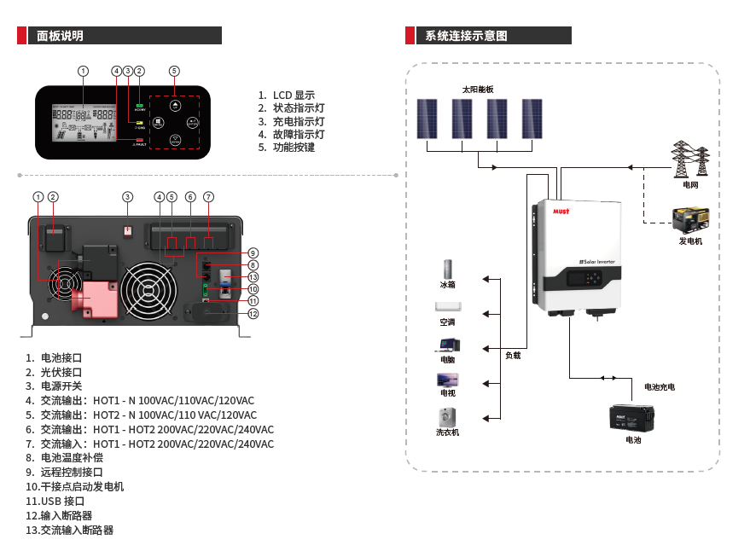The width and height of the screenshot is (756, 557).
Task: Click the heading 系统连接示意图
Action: [x=466, y=36]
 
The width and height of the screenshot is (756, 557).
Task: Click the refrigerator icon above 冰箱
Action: [x=447, y=270]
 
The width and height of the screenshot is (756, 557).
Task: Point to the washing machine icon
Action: [x=447, y=417]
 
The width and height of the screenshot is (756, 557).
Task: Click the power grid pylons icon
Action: [x=691, y=160]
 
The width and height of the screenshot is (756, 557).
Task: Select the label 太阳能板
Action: [x=478, y=90]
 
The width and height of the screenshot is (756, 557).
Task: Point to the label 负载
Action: [x=512, y=356]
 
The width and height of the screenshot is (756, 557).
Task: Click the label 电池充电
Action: [x=659, y=387]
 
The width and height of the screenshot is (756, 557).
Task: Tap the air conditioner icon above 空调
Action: [x=447, y=307]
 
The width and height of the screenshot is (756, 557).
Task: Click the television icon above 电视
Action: [x=447, y=379]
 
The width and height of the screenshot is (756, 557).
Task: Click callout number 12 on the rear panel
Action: [x=253, y=314]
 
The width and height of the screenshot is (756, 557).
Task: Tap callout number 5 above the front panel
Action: [x=174, y=70]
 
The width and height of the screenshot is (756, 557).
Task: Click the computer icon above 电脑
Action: [x=447, y=345]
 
